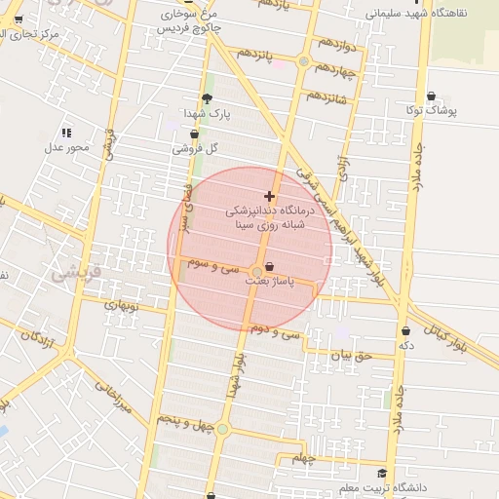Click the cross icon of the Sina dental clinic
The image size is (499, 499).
click(x=270, y=196)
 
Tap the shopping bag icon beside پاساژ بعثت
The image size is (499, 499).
click(x=269, y=266)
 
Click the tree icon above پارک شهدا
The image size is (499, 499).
click(x=207, y=97)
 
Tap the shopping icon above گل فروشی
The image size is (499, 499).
click(x=194, y=134)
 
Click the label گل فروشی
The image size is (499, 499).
click(x=195, y=149)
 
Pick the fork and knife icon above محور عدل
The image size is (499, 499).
click(x=66, y=132)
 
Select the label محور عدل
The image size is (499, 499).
click(x=66, y=147)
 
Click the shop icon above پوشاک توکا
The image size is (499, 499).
click(x=431, y=96)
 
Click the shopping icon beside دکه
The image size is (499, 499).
click(x=405, y=331)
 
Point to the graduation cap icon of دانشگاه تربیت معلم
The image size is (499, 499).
click(x=381, y=474)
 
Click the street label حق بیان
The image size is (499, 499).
click(x=351, y=356)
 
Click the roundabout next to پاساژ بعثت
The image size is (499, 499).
click(x=257, y=272)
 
